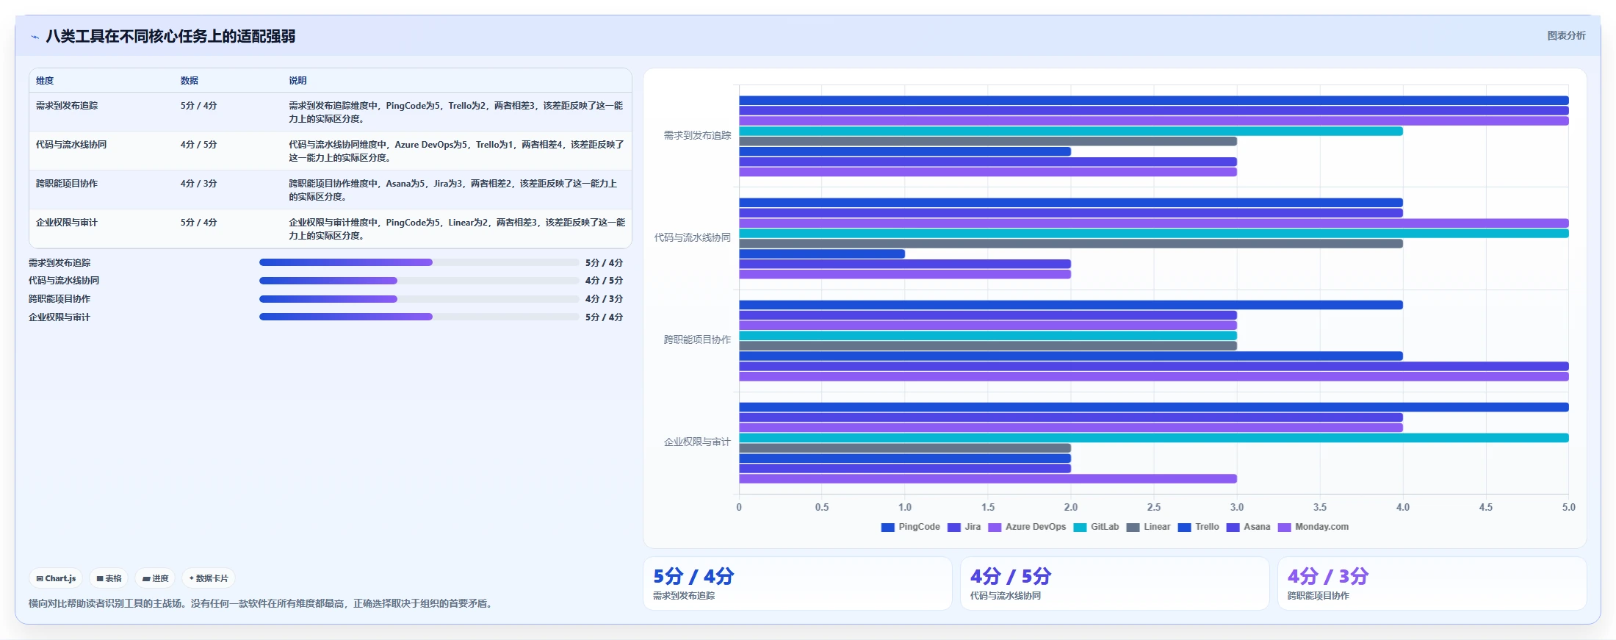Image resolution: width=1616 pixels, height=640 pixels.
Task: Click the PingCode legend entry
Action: click(x=911, y=527)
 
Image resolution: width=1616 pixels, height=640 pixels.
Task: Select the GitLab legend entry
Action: click(x=1096, y=527)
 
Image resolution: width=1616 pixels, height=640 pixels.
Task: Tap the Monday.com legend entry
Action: click(x=1313, y=527)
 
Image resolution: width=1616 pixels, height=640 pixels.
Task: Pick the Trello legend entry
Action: click(x=1199, y=527)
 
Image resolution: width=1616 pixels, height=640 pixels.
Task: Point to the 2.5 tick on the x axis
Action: click(x=1154, y=507)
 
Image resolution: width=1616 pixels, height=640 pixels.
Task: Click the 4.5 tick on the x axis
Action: click(x=1486, y=507)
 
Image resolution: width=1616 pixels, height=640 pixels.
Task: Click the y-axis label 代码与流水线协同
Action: click(x=693, y=237)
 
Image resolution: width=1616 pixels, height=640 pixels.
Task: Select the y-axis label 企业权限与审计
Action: click(x=698, y=442)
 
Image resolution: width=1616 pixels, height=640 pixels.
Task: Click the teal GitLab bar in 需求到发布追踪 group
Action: click(x=1071, y=132)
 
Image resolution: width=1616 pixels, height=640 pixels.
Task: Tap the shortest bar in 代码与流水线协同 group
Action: click(x=822, y=254)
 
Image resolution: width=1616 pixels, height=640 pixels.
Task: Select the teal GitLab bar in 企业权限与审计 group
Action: click(x=1154, y=438)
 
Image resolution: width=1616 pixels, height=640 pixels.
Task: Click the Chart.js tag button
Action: click(x=56, y=578)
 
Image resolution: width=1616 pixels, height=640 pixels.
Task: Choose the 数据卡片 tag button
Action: click(x=209, y=578)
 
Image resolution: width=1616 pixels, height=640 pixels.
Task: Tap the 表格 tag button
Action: click(x=109, y=578)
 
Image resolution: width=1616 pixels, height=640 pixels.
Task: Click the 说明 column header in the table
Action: click(x=297, y=81)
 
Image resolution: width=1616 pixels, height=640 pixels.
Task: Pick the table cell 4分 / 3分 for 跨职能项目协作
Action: click(x=199, y=184)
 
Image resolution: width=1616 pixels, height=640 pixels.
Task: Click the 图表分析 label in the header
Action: click(x=1566, y=35)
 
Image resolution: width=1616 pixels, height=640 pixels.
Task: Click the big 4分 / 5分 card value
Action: click(x=1011, y=576)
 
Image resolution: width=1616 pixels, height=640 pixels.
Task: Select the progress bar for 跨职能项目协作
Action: click(x=419, y=299)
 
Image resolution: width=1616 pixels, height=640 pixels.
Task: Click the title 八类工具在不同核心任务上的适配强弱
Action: click(x=170, y=36)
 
